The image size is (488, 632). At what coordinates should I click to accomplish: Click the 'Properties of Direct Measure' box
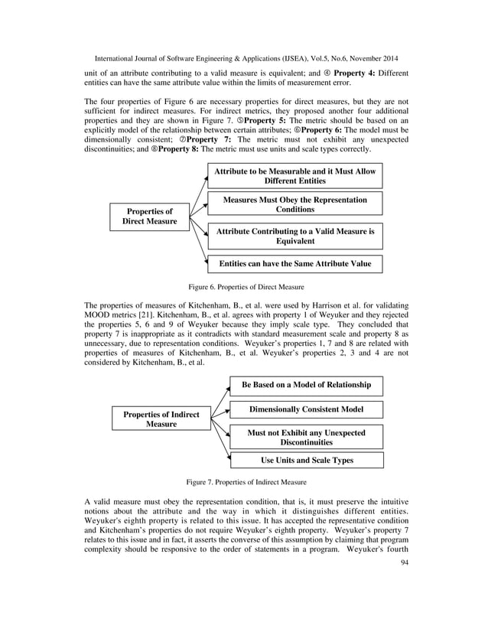pyautogui.click(x=149, y=217)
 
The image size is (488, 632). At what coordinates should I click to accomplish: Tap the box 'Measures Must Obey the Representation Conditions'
pyautogui.click(x=294, y=204)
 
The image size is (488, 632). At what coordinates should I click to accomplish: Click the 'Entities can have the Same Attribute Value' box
pyautogui.click(x=294, y=264)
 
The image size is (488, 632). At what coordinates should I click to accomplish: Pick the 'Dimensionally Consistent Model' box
pyautogui.click(x=306, y=410)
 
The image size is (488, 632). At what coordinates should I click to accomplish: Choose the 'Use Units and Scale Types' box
pyautogui.click(x=306, y=460)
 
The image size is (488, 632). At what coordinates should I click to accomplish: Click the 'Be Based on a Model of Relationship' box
pyautogui.click(x=306, y=385)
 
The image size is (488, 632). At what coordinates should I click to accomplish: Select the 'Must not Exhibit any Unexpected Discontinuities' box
pyautogui.click(x=306, y=437)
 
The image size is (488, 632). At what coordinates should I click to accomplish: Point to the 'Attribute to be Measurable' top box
pyautogui.click(x=294, y=176)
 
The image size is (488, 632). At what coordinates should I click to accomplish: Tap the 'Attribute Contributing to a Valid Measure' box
pyautogui.click(x=294, y=236)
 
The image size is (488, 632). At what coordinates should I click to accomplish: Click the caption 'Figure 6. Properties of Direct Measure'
pyautogui.click(x=246, y=287)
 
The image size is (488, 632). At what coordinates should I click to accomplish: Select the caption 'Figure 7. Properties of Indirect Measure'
pyautogui.click(x=246, y=482)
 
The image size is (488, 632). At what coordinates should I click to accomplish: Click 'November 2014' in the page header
pyautogui.click(x=375, y=57)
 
